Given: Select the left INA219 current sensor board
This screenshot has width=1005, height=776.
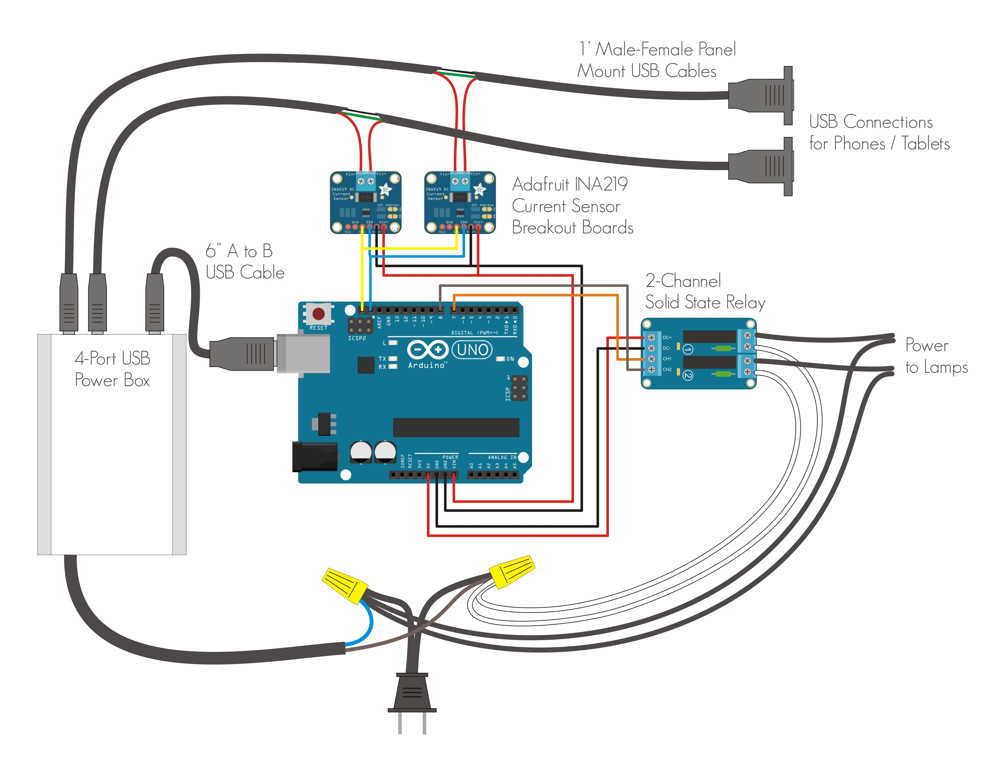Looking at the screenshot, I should pyautogui.click(x=365, y=202).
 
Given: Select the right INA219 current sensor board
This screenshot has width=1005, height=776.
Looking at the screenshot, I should pyautogui.click(x=460, y=202).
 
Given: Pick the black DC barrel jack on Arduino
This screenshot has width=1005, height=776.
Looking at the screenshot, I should pyautogui.click(x=315, y=456).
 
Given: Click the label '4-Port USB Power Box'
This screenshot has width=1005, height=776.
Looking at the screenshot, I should pyautogui.click(x=112, y=369).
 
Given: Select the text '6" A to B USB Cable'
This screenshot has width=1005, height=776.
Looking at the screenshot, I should pyautogui.click(x=245, y=262).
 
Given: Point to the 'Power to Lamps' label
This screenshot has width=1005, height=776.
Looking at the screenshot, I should pyautogui.click(x=936, y=356).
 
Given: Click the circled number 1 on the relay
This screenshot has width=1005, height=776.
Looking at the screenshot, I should pyautogui.click(x=687, y=349).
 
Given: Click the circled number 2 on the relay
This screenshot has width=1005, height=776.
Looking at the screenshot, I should pyautogui.click(x=687, y=376).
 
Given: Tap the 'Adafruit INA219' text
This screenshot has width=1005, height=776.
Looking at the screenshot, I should pyautogui.click(x=570, y=184).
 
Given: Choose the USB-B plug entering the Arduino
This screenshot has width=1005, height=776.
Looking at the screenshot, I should pyautogui.click(x=242, y=354).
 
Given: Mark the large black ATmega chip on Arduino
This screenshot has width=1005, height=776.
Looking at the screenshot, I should pyautogui.click(x=456, y=427).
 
